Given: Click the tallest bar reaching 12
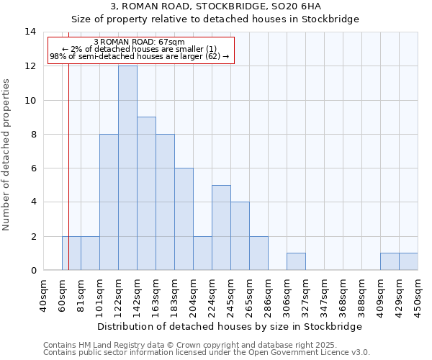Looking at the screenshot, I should (x=127, y=168).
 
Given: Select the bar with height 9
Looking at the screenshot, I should (x=146, y=194).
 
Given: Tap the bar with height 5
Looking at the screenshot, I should (x=221, y=228).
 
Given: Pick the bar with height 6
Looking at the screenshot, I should (x=184, y=219).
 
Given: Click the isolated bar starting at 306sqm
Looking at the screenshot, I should (x=296, y=261).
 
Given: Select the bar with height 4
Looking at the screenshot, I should (x=240, y=236).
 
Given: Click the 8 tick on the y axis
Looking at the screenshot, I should (x=32, y=134).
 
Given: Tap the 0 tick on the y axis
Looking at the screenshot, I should (x=32, y=271).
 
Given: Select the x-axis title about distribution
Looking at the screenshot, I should (x=229, y=326).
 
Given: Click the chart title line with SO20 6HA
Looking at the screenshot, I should (x=216, y=6).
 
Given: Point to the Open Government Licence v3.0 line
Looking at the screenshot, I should (x=207, y=353).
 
